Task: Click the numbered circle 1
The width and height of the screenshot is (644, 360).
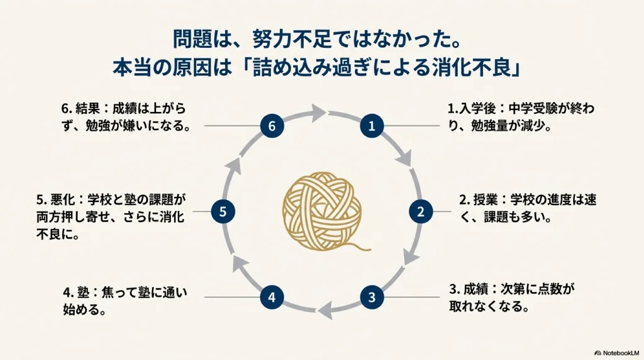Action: [x=372, y=126]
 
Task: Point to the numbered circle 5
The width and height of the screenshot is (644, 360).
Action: [x=223, y=211]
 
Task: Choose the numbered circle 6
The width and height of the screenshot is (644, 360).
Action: [x=272, y=126]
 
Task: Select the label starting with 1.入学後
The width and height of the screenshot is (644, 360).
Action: [x=521, y=116]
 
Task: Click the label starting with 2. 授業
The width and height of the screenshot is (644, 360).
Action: [x=527, y=209]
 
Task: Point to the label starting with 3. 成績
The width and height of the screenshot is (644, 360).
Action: [x=513, y=298]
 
